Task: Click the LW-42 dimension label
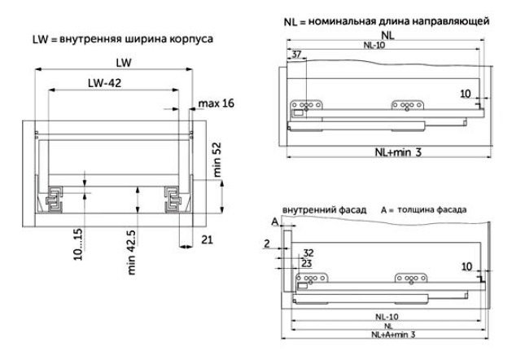pyautogui.click(x=104, y=83)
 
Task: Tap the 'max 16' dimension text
pyautogui.click(x=217, y=103)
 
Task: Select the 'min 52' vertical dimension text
pyautogui.click(x=217, y=160)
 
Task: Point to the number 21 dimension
pyautogui.click(x=208, y=239)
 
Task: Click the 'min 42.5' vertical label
pyautogui.click(x=132, y=252)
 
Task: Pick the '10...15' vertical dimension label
pyautogui.click(x=77, y=244)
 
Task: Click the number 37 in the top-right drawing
pyautogui.click(x=296, y=54)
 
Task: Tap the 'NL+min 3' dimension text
pyautogui.click(x=398, y=152)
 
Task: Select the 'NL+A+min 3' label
pyautogui.click(x=393, y=334)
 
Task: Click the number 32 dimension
pyautogui.click(x=308, y=252)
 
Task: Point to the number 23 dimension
pyautogui.click(x=306, y=264)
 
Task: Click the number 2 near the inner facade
pyautogui.click(x=266, y=244)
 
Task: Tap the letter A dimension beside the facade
pyautogui.click(x=275, y=222)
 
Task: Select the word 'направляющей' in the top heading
pyautogui.click(x=450, y=21)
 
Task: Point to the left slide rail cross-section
pyautogui.click(x=54, y=199)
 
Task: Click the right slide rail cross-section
pyautogui.click(x=173, y=200)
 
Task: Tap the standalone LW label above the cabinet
pyautogui.click(x=124, y=63)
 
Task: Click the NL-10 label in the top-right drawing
pyautogui.click(x=374, y=45)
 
